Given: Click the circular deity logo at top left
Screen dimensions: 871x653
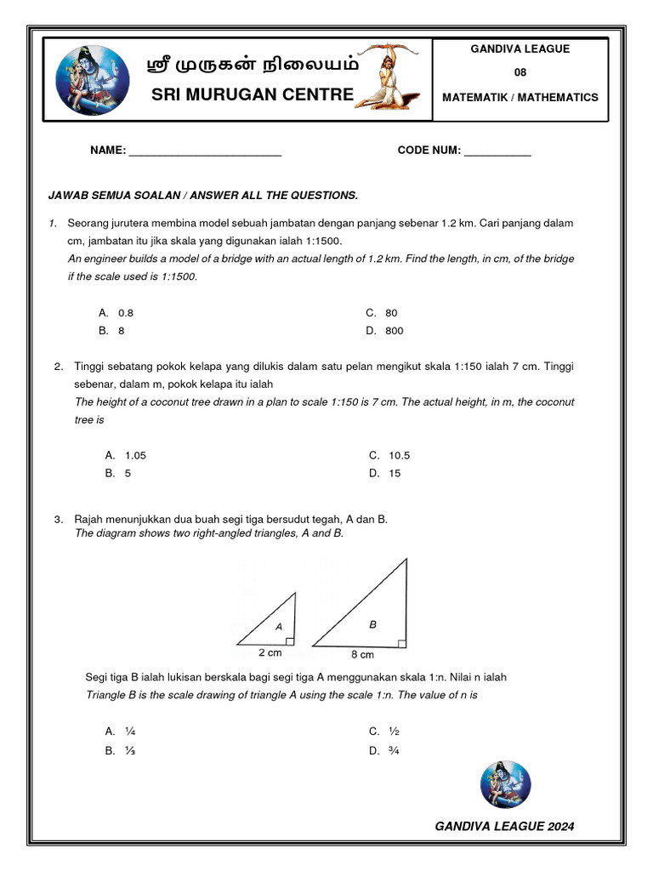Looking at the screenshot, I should [x=93, y=80].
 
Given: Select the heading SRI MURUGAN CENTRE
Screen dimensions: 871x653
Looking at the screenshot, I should [x=252, y=94].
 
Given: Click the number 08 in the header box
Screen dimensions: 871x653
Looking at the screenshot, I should [x=520, y=72].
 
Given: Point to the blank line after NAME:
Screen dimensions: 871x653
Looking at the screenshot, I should [x=204, y=152].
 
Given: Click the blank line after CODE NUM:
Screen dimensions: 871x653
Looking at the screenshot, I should [x=497, y=152].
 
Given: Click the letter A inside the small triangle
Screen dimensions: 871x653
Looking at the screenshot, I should [x=278, y=627].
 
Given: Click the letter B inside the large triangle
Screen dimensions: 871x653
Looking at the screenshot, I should [x=372, y=624].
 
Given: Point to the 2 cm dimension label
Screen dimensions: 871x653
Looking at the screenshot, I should [x=270, y=653].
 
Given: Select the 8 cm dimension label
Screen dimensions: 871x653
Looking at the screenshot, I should [x=362, y=655].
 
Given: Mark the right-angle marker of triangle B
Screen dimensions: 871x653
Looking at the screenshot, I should [x=402, y=642].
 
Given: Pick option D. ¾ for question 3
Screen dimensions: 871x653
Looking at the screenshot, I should [x=384, y=751].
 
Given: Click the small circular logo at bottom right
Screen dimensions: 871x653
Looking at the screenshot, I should [x=505, y=784].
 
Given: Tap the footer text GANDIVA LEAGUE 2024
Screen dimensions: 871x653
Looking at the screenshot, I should [x=504, y=826].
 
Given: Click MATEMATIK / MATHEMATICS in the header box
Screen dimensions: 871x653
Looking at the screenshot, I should [x=520, y=98].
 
